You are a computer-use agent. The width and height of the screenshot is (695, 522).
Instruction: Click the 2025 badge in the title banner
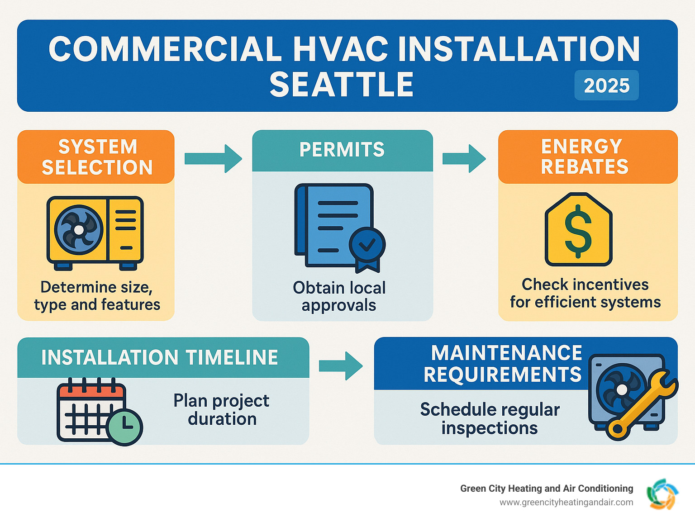click(606, 85)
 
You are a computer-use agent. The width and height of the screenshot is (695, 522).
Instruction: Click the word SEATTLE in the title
click(342, 85)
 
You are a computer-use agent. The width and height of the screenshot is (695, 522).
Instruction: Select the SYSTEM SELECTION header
click(97, 157)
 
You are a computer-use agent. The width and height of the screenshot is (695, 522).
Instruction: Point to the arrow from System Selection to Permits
click(213, 158)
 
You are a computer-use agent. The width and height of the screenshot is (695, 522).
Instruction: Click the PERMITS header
click(342, 150)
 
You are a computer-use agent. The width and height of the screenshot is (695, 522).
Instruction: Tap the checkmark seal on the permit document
click(367, 245)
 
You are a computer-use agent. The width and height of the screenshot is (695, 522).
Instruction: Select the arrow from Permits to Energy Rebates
click(464, 158)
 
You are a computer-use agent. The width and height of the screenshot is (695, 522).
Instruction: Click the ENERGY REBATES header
click(585, 157)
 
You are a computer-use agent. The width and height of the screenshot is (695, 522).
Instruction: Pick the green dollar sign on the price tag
click(578, 231)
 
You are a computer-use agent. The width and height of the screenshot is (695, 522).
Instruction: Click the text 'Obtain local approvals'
click(339, 296)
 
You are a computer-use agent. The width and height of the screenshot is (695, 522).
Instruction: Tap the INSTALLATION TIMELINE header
click(160, 357)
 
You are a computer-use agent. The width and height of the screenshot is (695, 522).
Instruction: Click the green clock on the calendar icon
click(125, 427)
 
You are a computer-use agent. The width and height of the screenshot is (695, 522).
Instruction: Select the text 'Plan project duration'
click(222, 410)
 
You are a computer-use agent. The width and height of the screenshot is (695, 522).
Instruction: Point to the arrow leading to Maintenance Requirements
click(341, 365)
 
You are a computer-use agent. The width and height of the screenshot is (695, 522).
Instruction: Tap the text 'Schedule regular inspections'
click(490, 418)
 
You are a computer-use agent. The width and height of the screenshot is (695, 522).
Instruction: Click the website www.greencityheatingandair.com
click(566, 503)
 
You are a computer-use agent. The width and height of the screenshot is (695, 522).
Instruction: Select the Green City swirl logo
click(662, 494)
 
